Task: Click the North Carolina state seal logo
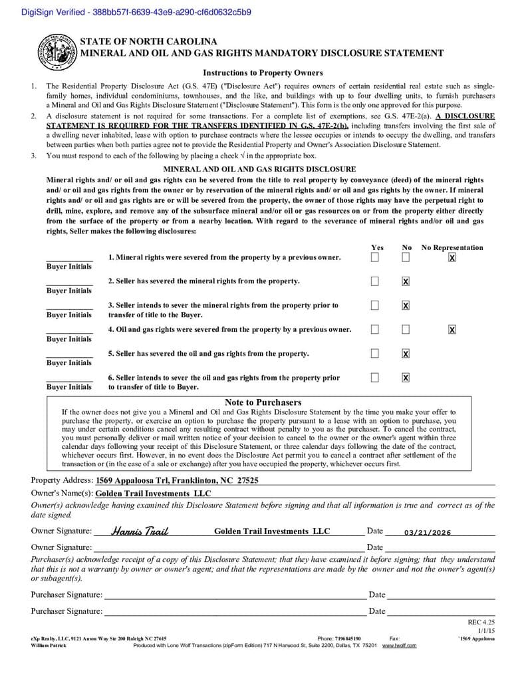(x=55, y=51)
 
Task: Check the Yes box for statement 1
(x=375, y=257)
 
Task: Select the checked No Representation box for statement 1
(x=452, y=257)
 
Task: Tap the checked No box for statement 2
(x=406, y=281)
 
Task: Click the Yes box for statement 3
(x=375, y=305)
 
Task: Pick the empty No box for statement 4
(x=406, y=329)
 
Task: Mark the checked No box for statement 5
(x=406, y=354)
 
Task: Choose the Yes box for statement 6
(x=375, y=378)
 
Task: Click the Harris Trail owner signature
(x=140, y=531)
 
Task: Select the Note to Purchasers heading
(x=263, y=402)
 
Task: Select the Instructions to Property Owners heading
(x=263, y=73)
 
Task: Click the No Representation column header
(x=452, y=247)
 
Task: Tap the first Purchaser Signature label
(x=66, y=595)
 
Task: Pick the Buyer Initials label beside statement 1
(x=69, y=267)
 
